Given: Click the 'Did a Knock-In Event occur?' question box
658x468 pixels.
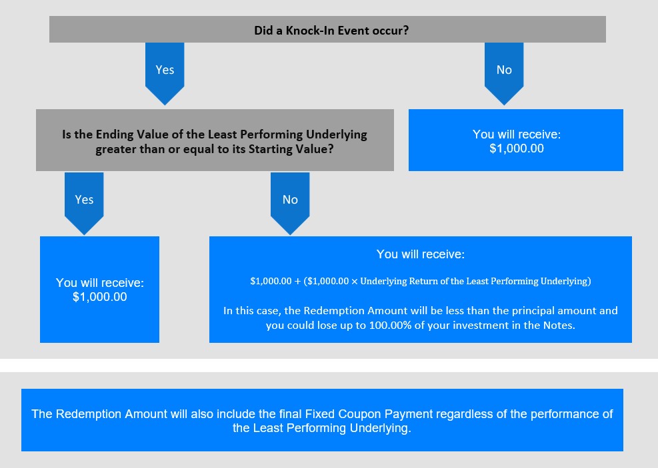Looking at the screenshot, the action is (327, 29).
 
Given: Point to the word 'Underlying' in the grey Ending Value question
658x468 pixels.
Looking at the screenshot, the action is (337, 134).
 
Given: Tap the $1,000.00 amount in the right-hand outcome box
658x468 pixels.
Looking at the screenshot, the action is (517, 148).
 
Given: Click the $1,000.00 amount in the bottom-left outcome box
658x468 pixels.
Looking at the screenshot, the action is (100, 297).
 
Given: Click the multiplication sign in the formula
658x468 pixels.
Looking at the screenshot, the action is (355, 281).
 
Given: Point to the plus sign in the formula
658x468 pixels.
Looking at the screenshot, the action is (297, 281).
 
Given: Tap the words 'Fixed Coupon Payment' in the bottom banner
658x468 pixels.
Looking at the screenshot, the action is (369, 414).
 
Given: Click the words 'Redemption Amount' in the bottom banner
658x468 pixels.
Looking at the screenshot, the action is (111, 414).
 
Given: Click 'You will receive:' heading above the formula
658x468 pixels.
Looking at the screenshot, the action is (421, 254).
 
